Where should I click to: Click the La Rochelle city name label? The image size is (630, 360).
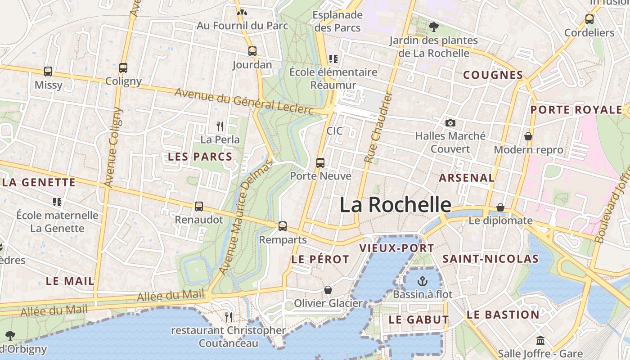click(395, 205)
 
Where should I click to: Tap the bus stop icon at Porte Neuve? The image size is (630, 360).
click(320, 163)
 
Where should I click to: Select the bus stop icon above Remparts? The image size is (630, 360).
click(283, 226)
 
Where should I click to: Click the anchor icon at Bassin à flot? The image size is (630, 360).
click(422, 282)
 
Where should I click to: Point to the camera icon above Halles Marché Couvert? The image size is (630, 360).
click(450, 123)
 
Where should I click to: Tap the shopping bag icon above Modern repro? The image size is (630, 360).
click(528, 136)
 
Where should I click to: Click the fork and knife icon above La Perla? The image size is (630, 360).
click(220, 126)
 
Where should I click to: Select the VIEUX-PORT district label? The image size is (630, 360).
click(396, 248)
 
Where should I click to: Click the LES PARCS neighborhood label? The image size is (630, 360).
click(200, 157)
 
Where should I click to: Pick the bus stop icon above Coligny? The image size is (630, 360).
click(123, 68)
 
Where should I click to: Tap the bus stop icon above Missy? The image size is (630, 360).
click(48, 72)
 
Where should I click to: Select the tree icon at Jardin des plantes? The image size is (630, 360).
click(433, 27)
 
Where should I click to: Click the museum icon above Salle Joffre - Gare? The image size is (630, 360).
click(540, 340)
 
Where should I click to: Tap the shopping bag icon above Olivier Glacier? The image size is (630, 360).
click(328, 290)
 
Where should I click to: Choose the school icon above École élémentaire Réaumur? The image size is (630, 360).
click(333, 58)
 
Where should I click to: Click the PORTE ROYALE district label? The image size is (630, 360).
click(576, 110)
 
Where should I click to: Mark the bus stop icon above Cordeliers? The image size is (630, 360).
click(589, 19)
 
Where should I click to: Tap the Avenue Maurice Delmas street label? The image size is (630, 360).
click(246, 217)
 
